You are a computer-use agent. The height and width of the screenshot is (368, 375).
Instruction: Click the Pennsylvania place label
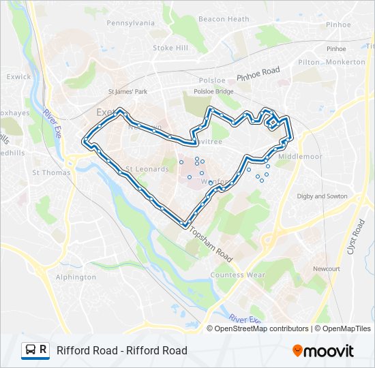click(130, 22)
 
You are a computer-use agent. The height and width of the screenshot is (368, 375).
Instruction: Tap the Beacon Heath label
click(224, 19)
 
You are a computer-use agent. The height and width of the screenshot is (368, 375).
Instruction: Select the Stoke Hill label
click(170, 48)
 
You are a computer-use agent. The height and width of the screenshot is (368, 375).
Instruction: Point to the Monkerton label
click(346, 62)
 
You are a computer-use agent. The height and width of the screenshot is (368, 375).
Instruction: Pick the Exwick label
click(18, 77)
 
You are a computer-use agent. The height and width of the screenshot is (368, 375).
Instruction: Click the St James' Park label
click(128, 91)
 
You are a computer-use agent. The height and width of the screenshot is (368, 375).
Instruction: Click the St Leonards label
click(147, 169)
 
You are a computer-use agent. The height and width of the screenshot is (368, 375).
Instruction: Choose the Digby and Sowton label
click(322, 196)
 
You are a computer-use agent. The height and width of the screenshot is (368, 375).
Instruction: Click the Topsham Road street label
click(212, 244)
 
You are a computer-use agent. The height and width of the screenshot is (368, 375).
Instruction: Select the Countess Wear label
click(237, 275)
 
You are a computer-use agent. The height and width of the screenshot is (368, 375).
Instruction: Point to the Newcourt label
click(327, 269)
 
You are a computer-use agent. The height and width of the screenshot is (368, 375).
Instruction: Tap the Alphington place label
click(76, 277)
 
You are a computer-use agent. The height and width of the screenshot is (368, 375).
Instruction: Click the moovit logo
click(323, 351)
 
